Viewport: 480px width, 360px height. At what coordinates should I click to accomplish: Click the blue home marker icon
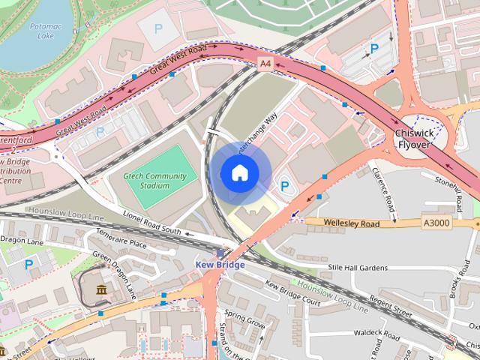point(239,172)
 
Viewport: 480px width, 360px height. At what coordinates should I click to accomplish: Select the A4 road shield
point(265,64)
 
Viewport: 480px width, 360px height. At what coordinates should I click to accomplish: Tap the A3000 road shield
point(437,223)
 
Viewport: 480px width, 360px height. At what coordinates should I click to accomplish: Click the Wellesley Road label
point(352,223)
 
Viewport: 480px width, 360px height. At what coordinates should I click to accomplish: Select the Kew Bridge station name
point(220,265)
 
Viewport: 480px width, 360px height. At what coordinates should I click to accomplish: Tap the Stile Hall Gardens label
point(358,268)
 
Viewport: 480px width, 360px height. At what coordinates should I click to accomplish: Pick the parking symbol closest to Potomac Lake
point(157,28)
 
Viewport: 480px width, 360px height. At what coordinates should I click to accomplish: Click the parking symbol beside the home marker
point(285,185)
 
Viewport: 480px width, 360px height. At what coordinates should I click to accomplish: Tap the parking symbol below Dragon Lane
point(28,264)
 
